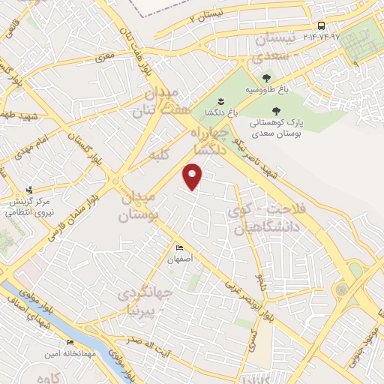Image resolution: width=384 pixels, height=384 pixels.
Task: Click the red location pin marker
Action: pyautogui.click(x=193, y=177)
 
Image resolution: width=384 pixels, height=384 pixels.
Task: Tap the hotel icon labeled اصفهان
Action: pyautogui.click(x=178, y=248)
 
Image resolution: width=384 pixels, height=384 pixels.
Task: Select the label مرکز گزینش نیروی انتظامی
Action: pyautogui.click(x=28, y=208)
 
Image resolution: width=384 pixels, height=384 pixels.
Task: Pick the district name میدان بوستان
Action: pyautogui.click(x=139, y=206)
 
